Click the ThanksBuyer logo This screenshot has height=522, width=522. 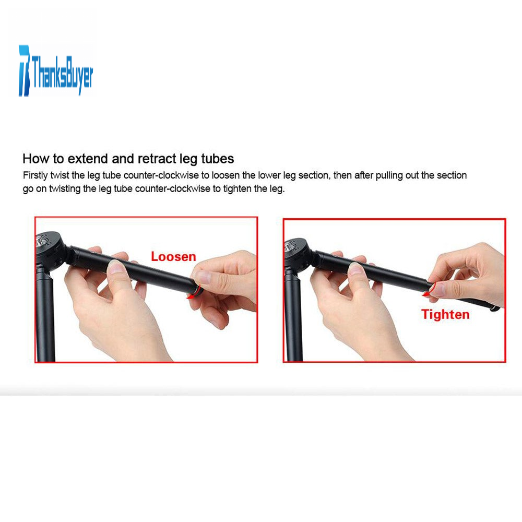56,71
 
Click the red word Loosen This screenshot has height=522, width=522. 173,257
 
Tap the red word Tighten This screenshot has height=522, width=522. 445,315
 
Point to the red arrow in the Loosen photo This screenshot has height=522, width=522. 195,292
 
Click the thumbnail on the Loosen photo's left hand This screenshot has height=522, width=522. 116,267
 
